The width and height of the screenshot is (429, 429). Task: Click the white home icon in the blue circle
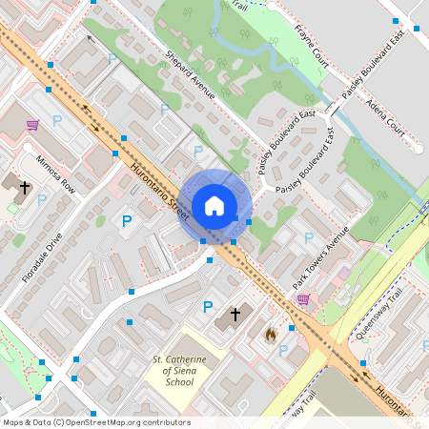pyautogui.click(x=214, y=206)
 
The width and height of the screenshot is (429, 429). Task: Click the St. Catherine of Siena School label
pyautogui.click(x=173, y=371)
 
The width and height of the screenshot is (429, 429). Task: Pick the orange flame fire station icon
pyautogui.click(x=270, y=334)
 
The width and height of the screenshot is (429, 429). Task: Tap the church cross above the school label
pyautogui.click(x=235, y=314)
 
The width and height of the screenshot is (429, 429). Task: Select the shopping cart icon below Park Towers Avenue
pyautogui.click(x=303, y=299)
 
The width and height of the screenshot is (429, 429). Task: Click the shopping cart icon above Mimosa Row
pyautogui.click(x=32, y=124)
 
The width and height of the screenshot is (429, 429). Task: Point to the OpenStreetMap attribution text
pyautogui.click(x=96, y=422)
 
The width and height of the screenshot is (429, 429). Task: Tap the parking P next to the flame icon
pyautogui.click(x=282, y=350)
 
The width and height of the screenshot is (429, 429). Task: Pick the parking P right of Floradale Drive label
pyautogui.click(x=126, y=221)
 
